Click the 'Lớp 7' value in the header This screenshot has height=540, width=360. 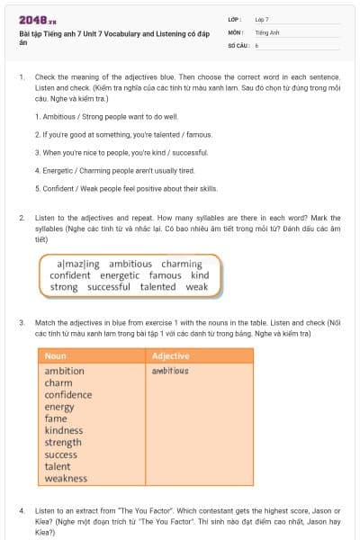click(262, 19)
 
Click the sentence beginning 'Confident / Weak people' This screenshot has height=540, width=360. click(126, 188)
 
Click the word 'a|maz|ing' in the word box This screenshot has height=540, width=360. click(78, 264)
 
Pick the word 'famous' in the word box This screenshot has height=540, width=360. click(166, 275)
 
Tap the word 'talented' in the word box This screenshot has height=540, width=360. click(158, 287)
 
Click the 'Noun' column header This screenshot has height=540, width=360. click(56, 355)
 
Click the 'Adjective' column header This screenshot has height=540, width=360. click(171, 355)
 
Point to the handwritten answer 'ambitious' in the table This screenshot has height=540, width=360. click(170, 371)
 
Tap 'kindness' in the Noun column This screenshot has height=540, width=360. click(64, 430)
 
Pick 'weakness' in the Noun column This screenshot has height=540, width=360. click(66, 478)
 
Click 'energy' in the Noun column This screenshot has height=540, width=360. click(59, 407)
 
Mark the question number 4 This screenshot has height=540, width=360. click(21, 510)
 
